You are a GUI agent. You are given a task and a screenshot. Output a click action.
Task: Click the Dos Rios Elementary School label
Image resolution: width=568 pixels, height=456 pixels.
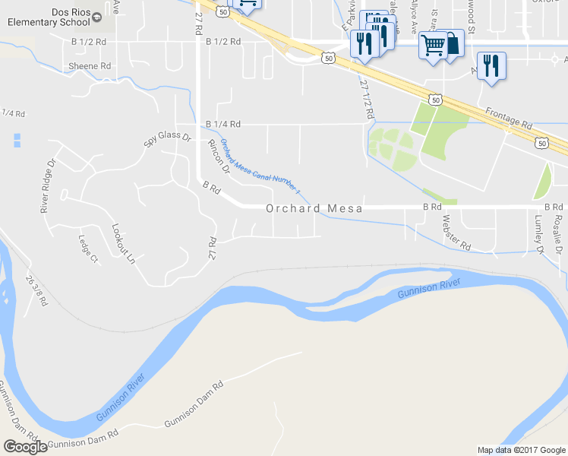pyautogui.click(x=49, y=17)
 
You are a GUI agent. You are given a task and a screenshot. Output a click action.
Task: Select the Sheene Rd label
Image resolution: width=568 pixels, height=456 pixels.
pyautogui.click(x=90, y=66)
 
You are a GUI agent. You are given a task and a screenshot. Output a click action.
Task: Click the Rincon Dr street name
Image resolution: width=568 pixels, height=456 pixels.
pyautogui.click(x=219, y=157)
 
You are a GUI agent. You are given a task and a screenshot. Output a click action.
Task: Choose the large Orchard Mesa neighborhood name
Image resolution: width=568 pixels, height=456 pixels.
pyautogui.click(x=314, y=207)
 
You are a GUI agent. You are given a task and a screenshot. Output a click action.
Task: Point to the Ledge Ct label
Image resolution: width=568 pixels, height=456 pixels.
pyautogui.click(x=88, y=248)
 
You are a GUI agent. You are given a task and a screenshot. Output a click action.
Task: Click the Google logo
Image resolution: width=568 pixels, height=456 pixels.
pyautogui.click(x=25, y=447)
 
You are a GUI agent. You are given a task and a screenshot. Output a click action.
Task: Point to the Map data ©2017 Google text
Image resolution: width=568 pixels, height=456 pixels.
pyautogui.click(x=521, y=450)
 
